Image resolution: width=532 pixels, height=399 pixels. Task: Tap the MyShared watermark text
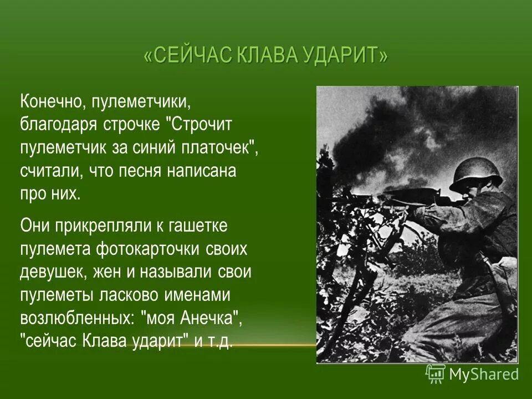tap(484, 375)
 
